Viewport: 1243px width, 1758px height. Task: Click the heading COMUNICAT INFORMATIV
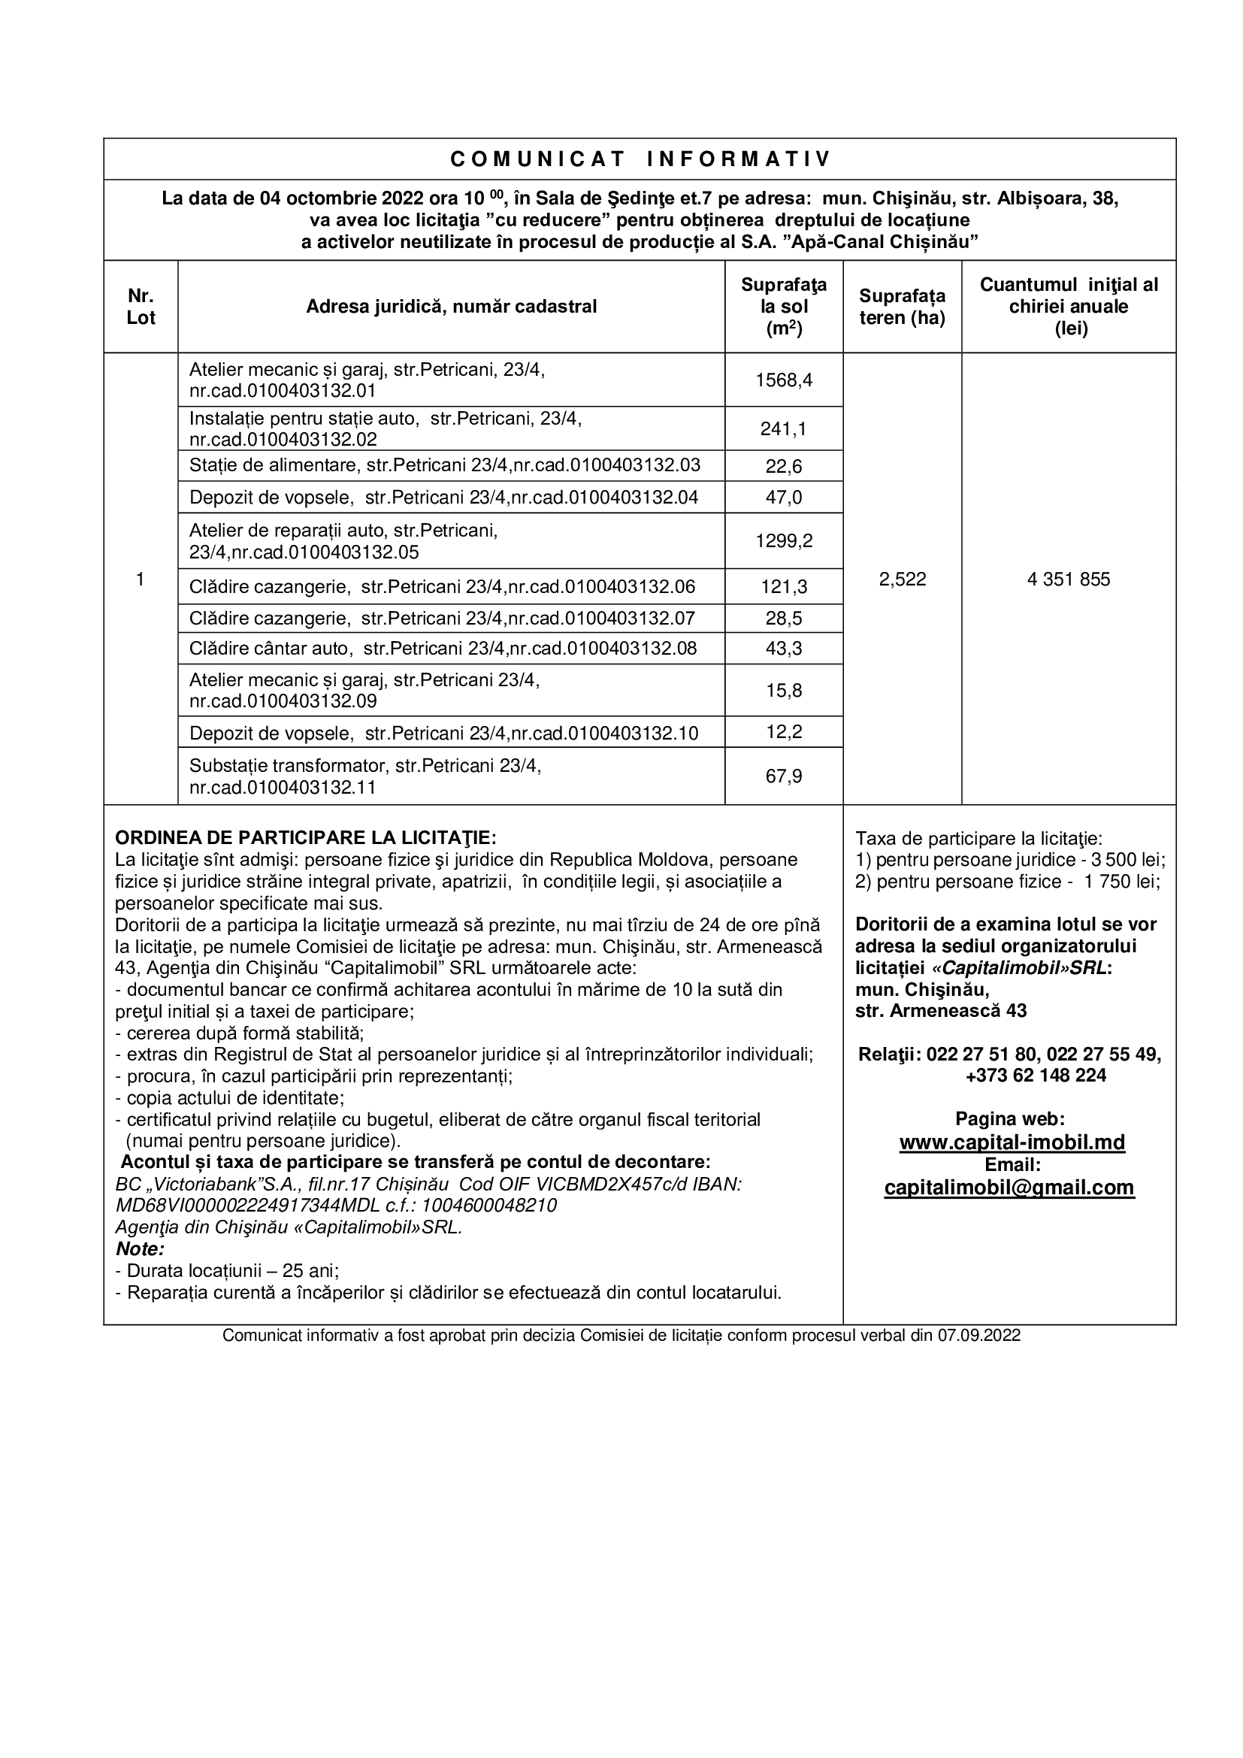640,159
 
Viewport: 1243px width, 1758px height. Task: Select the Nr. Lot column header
141,307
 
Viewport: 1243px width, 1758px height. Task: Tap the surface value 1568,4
784,380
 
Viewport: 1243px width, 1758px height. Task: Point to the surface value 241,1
784,428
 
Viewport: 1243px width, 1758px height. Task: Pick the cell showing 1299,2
784,540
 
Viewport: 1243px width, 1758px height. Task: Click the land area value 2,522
903,579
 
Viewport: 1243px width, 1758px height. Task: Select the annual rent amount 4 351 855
1069,579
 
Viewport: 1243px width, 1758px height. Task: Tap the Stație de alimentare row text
444,464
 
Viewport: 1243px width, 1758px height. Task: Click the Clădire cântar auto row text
443,649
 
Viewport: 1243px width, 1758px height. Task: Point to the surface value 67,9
784,776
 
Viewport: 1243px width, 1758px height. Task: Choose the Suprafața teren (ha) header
903,307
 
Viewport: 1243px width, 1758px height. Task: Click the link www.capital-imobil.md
1012,1142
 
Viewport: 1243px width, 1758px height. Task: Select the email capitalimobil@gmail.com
1009,1187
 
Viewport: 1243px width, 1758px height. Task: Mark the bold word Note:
140,1249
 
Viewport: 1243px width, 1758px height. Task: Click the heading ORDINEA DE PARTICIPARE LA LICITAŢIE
305,837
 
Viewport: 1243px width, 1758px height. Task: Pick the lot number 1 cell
140,579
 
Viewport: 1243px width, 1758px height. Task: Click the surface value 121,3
784,586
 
